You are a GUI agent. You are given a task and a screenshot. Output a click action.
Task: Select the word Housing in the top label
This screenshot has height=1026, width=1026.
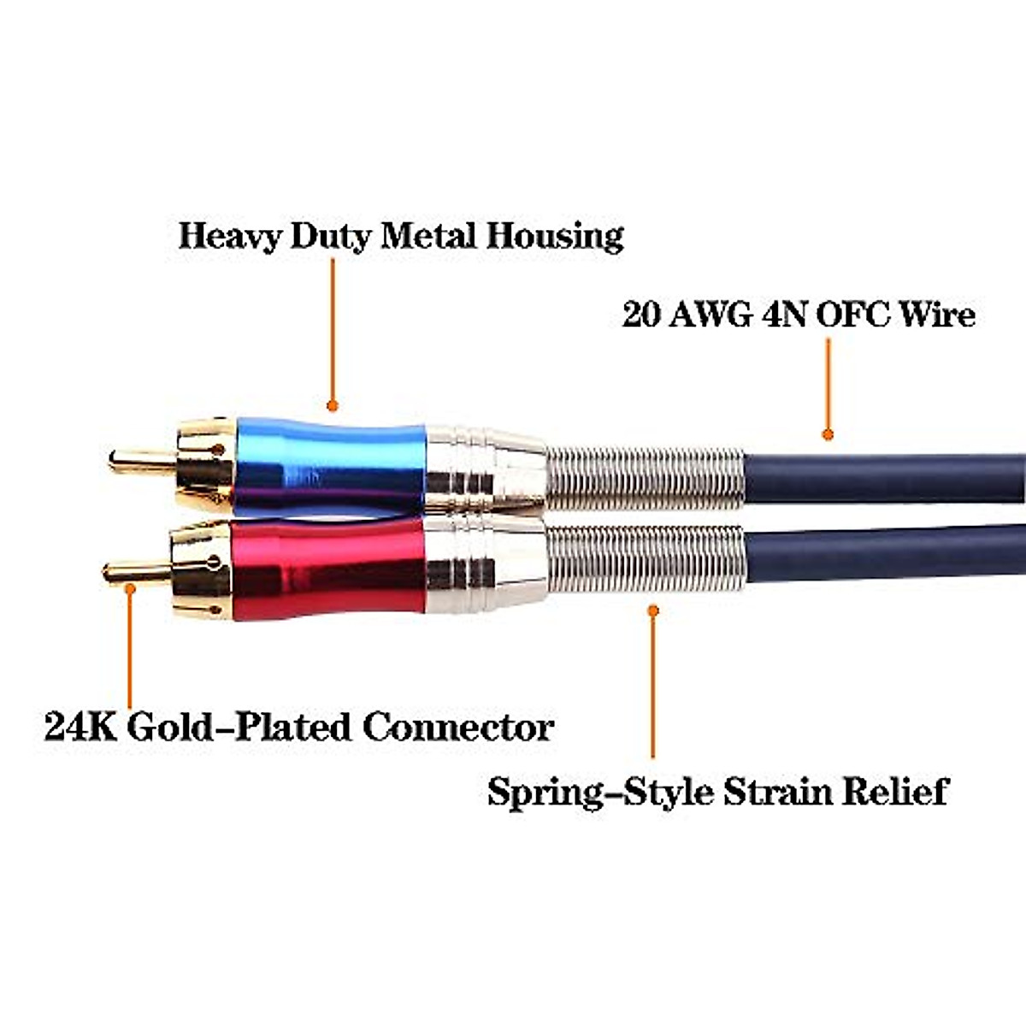tap(555, 237)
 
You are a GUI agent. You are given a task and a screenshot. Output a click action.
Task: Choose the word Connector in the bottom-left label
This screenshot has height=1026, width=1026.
tap(457, 728)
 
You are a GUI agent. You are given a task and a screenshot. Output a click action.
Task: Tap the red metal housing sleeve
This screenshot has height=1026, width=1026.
tap(329, 568)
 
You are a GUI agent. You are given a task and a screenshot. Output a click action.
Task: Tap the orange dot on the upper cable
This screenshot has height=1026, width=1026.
tap(827, 435)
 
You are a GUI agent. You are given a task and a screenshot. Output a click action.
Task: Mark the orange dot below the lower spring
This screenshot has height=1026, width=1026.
tap(653, 610)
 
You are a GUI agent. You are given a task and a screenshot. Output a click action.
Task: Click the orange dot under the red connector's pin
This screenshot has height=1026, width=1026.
tap(130, 587)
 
